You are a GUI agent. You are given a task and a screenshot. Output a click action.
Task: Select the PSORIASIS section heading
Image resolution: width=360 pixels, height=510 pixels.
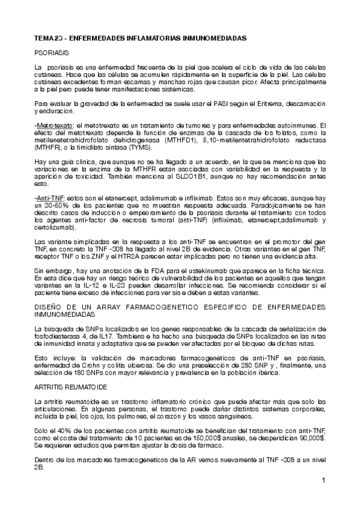51,53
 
